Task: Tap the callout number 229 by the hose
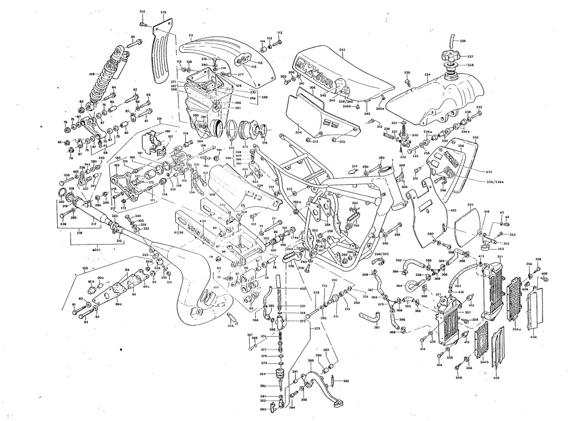[x=463, y=41]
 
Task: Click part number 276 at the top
[x=163, y=12]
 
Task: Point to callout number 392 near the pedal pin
[x=346, y=381]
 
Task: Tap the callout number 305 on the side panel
[x=312, y=88]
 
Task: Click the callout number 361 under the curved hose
[x=377, y=327]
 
